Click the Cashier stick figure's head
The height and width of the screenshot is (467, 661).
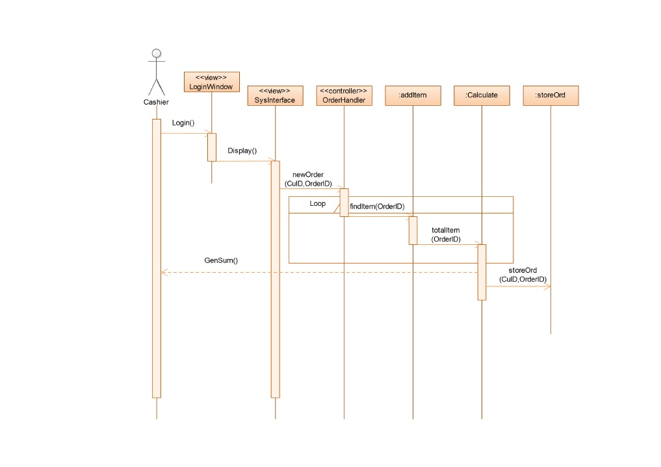(x=156, y=53)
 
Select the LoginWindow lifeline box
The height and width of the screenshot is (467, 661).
(x=211, y=82)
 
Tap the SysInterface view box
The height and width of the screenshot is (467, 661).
(x=275, y=95)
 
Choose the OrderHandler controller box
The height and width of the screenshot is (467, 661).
(x=344, y=95)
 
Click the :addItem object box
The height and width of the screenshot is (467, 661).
(x=413, y=95)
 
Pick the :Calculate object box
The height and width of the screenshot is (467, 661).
(x=482, y=95)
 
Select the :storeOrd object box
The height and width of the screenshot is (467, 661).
(x=551, y=95)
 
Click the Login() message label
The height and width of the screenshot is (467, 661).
(x=183, y=123)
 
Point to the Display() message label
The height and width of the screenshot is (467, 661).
(x=242, y=151)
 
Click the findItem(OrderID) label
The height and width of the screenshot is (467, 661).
(x=377, y=207)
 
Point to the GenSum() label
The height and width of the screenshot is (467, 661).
(x=221, y=260)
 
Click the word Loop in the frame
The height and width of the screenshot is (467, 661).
(x=317, y=204)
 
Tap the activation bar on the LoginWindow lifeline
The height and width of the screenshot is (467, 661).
(x=211, y=147)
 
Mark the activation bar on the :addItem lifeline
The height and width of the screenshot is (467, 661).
(x=413, y=230)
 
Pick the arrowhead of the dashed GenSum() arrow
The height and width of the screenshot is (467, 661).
(x=164, y=272)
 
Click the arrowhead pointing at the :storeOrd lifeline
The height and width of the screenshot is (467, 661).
(x=548, y=286)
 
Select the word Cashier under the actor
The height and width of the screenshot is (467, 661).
(x=156, y=103)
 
